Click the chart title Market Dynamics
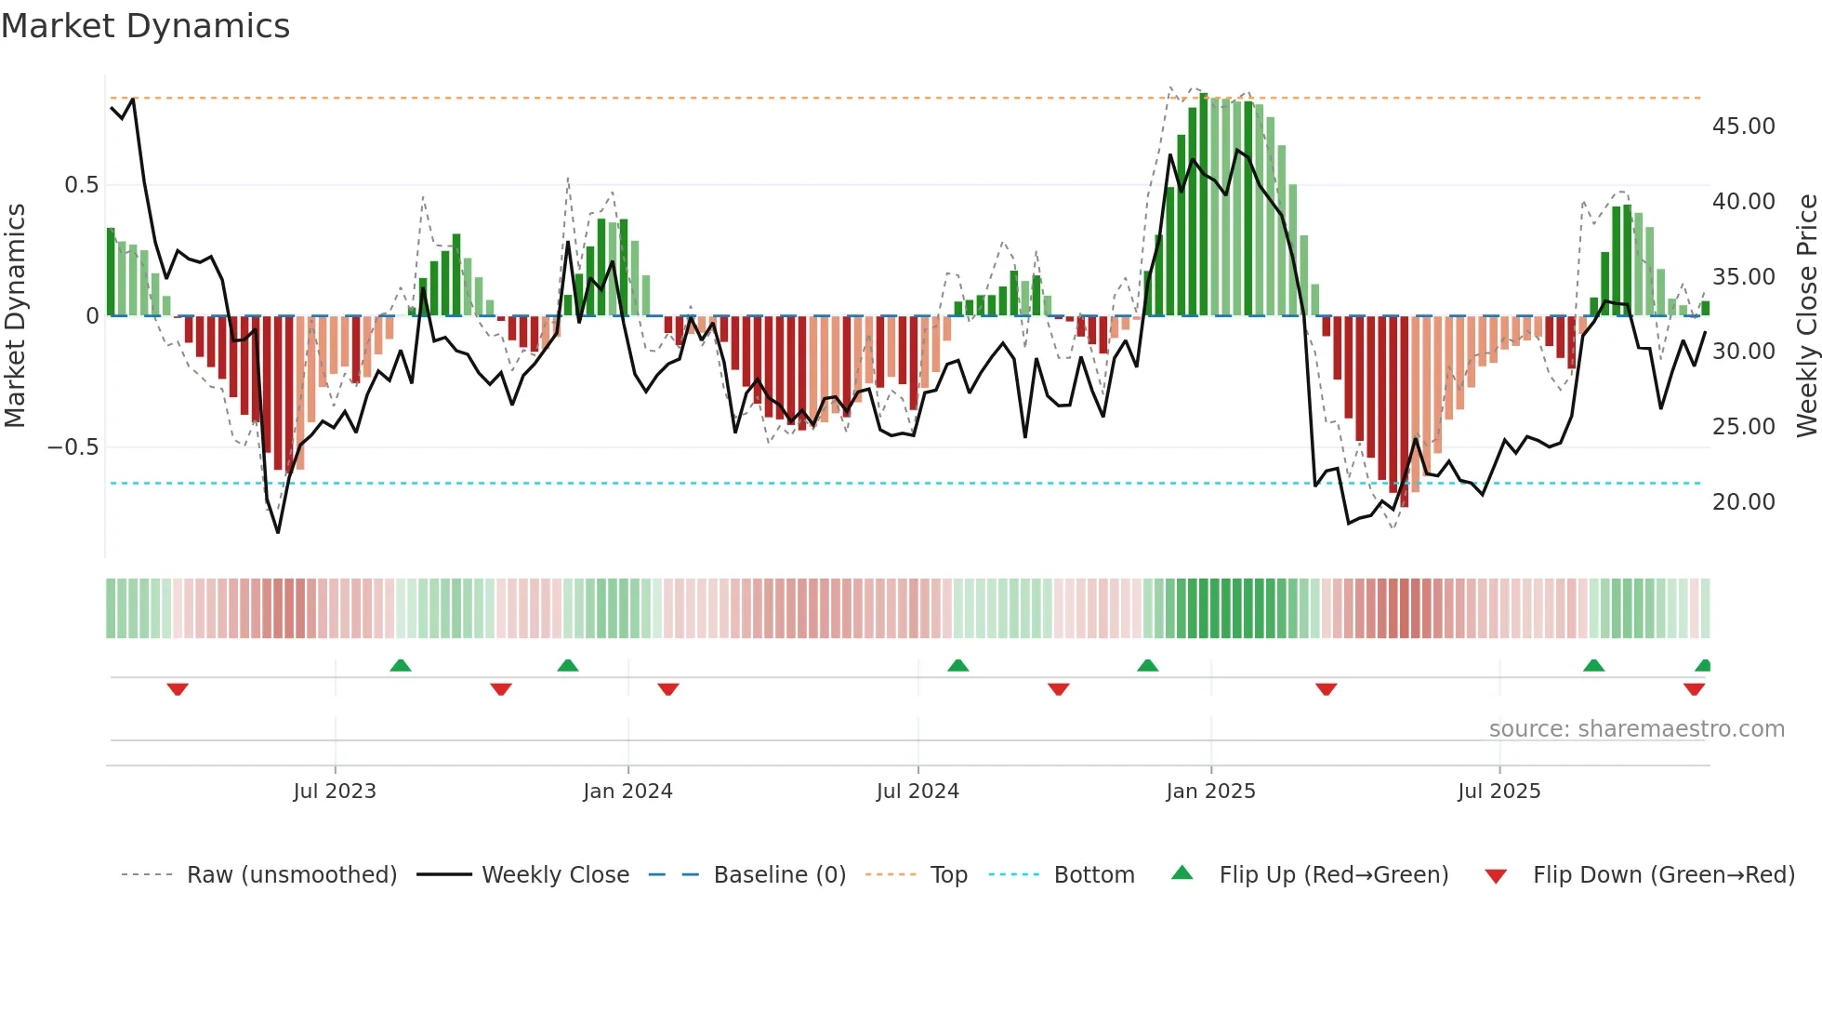(x=146, y=26)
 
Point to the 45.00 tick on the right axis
(x=1743, y=126)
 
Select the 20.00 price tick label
(x=1743, y=501)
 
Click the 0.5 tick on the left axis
(x=81, y=184)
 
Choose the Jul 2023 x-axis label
(x=335, y=791)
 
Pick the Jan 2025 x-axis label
(x=1210, y=791)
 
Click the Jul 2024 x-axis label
(x=918, y=791)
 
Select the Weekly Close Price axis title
(x=1806, y=315)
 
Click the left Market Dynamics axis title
(x=15, y=315)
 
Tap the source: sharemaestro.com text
(x=1636, y=728)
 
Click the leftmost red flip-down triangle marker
(x=178, y=688)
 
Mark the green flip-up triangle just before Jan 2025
(x=1147, y=665)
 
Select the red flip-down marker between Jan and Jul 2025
(x=1327, y=688)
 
